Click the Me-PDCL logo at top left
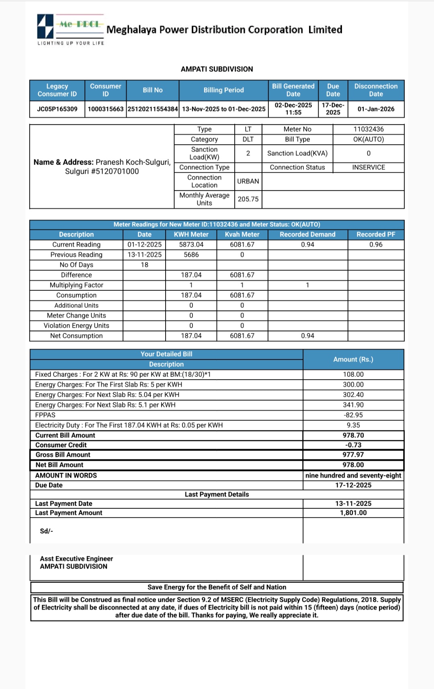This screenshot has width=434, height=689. [x=70, y=29]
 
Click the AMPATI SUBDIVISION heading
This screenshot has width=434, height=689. [x=217, y=69]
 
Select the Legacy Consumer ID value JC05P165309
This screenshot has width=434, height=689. [x=57, y=109]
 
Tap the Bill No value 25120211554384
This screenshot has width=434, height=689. [x=153, y=109]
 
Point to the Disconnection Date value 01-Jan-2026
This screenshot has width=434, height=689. [x=376, y=109]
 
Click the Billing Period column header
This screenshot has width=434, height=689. [x=223, y=90]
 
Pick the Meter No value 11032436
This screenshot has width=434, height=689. [x=368, y=129]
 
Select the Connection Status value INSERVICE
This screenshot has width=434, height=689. [x=368, y=167]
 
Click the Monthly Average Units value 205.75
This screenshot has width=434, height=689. [x=248, y=199]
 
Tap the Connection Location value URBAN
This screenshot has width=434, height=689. [x=248, y=181]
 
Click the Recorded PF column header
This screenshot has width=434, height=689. [x=376, y=234]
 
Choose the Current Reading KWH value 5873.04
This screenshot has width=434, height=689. [x=191, y=245]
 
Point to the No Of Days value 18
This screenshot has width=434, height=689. [x=144, y=265]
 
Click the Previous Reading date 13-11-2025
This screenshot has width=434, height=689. [x=144, y=255]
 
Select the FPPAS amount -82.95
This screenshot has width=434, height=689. [x=353, y=415]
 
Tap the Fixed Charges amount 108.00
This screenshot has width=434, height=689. [x=353, y=374]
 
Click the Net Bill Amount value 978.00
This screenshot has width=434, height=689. [x=353, y=465]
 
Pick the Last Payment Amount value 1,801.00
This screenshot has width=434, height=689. [x=353, y=513]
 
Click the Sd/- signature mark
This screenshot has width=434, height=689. [x=46, y=531]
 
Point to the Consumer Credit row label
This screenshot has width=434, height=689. [x=61, y=445]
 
